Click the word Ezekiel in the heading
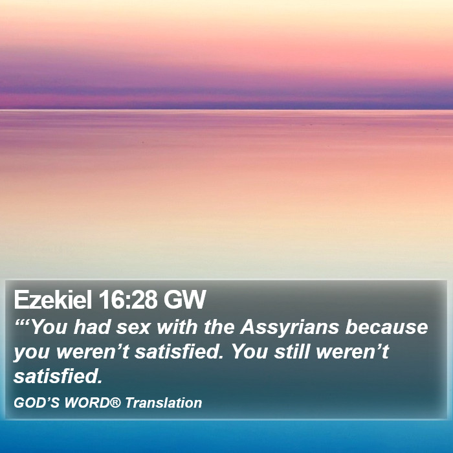[53, 299]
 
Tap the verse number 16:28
[127, 299]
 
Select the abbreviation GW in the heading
[185, 299]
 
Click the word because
[386, 327]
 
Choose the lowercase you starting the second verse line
[31, 353]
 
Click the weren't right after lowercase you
[93, 351]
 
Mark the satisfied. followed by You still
[179, 351]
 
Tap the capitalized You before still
[250, 351]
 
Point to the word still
[292, 351]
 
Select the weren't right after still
[353, 351]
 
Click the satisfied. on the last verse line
[58, 376]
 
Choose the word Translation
[164, 403]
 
